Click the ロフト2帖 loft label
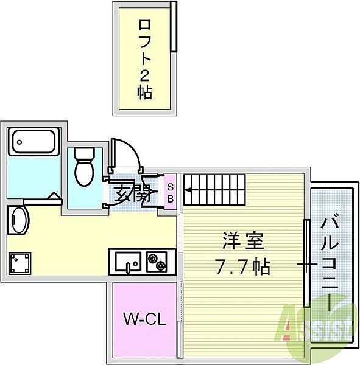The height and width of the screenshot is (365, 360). pyautogui.click(x=145, y=58)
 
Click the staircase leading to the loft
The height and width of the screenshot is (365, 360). pyautogui.click(x=213, y=189)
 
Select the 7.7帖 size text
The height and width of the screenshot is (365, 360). pyautogui.click(x=242, y=266)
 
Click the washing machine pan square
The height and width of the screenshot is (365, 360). pyautogui.click(x=21, y=263)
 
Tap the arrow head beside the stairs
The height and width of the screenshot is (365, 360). pyautogui.click(x=188, y=196)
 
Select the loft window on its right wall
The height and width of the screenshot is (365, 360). pyautogui.click(x=174, y=27)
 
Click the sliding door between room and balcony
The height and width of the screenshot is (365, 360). pyautogui.click(x=306, y=264)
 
